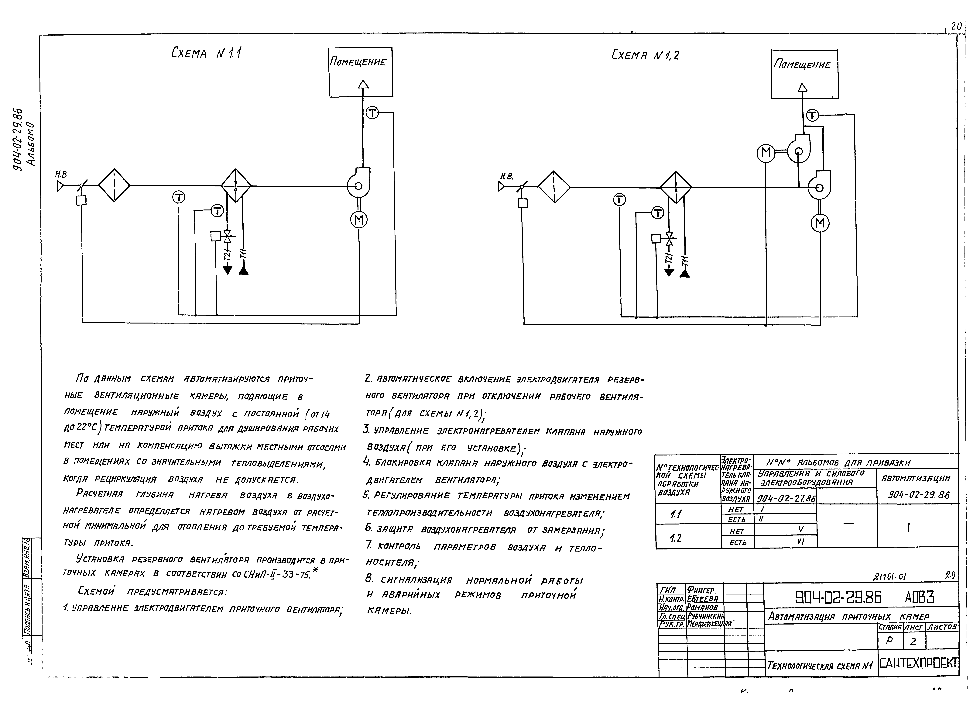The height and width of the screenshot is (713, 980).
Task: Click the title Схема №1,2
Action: pyautogui.click(x=645, y=55)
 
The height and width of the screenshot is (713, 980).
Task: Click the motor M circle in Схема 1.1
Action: pyautogui.click(x=359, y=220)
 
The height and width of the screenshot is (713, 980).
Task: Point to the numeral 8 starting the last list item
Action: pyautogui.click(x=369, y=579)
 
